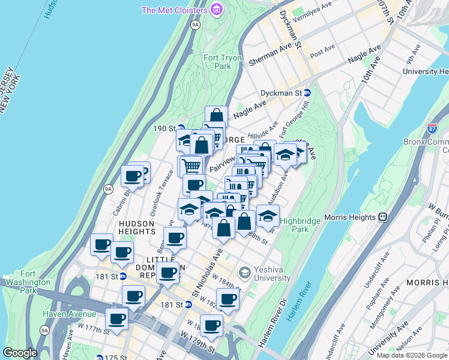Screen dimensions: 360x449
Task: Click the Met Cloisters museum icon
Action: point(216,10)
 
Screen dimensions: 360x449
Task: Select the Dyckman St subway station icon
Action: point(307,93)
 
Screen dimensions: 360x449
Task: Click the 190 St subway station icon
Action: point(181,128)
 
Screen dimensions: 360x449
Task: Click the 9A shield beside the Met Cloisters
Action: point(195,25)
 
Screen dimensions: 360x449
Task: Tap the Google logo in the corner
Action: point(19,353)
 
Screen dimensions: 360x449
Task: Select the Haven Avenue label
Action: point(69,314)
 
